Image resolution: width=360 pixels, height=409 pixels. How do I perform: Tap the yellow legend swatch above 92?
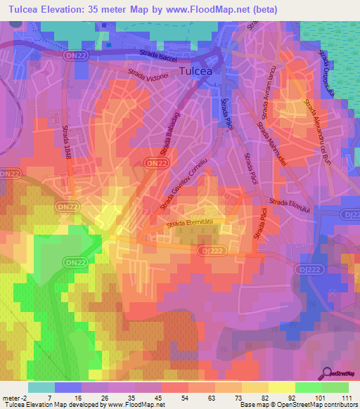[281, 387]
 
